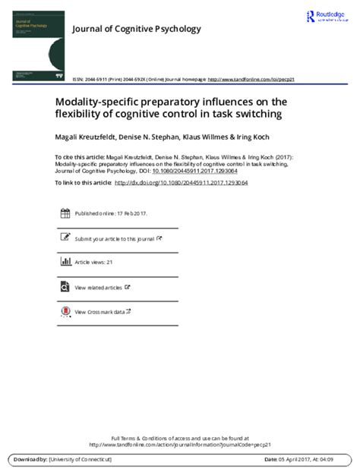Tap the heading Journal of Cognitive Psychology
(136, 30)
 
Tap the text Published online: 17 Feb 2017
(111, 213)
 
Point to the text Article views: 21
(93, 263)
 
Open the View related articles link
(99, 288)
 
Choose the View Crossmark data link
(99, 311)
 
